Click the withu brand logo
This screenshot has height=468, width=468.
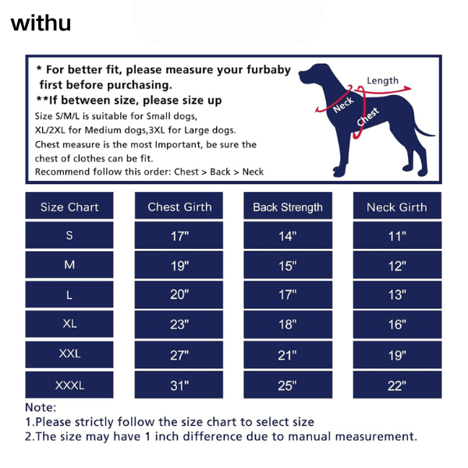tap(41, 23)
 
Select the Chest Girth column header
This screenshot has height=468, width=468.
tap(179, 206)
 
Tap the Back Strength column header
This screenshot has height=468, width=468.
tap(288, 206)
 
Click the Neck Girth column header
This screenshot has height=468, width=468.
tap(397, 206)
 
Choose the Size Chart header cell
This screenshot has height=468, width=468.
tap(69, 206)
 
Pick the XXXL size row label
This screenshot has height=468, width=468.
tap(69, 385)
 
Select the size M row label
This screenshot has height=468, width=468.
tap(69, 264)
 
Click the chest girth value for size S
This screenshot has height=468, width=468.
tap(179, 236)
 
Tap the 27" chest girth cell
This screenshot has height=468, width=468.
tap(179, 355)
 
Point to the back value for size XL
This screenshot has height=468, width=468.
tap(288, 324)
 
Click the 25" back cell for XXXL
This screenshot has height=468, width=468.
tap(288, 385)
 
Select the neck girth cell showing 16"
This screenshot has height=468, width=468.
tap(397, 324)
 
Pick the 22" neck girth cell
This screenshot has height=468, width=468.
tap(397, 385)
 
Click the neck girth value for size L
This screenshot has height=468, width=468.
tap(397, 294)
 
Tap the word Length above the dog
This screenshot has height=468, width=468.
tap(382, 80)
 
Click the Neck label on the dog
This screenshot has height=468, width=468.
tap(343, 105)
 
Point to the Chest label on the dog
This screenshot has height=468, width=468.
tap(367, 116)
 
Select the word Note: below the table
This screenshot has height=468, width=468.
tap(41, 407)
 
